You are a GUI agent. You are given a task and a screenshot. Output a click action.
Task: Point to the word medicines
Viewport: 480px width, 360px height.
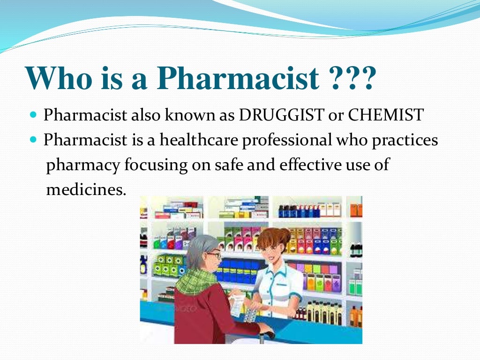click(x=86, y=190)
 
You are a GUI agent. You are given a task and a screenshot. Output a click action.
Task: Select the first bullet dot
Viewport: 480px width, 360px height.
click(x=33, y=115)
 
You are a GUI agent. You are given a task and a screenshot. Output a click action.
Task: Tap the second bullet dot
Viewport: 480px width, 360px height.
click(x=33, y=140)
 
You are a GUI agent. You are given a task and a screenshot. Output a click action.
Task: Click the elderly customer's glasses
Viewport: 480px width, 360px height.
click(x=214, y=255)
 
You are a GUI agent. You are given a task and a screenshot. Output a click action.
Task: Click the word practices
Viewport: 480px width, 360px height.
click(x=405, y=140)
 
